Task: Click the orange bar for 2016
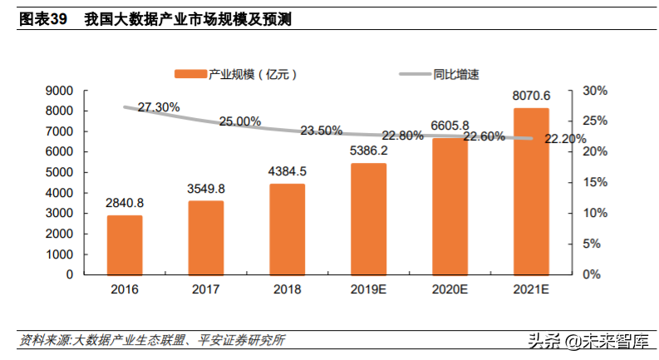coord(125,244)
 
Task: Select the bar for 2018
coord(287,229)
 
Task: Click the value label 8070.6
coord(530,96)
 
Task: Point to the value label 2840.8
coord(125,203)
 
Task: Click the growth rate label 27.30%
coord(159,107)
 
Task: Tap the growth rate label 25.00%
coord(240,121)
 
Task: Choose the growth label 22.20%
coord(565,139)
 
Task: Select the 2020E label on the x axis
coord(450,290)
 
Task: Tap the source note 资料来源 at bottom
coord(45,340)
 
